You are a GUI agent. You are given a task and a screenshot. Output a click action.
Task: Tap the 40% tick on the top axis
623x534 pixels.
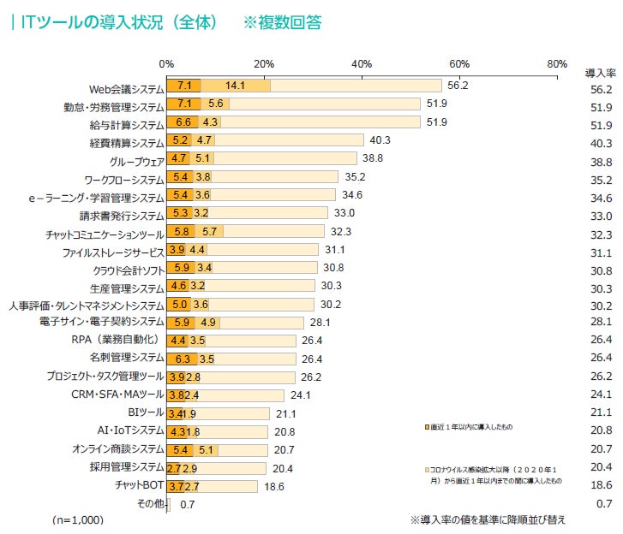tap(362, 64)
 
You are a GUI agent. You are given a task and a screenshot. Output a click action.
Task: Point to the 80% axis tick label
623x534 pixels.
tap(557, 64)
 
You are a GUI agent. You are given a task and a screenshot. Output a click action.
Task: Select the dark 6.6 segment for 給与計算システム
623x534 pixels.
tap(183, 122)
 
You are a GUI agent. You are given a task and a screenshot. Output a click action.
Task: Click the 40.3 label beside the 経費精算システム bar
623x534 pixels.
tap(379, 140)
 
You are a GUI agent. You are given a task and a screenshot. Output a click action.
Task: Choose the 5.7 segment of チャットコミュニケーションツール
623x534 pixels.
tap(209, 232)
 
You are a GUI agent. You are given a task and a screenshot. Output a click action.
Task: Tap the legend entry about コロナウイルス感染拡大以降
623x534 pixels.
tap(494, 476)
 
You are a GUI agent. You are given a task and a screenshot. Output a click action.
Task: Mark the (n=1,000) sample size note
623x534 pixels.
tap(77, 519)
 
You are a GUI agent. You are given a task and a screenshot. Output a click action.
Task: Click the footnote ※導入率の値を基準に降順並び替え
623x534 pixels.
tap(488, 519)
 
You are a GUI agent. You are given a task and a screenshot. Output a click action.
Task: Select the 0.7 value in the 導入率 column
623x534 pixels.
tap(602, 503)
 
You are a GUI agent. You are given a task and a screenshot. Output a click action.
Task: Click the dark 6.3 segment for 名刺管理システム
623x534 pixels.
tap(182, 359)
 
